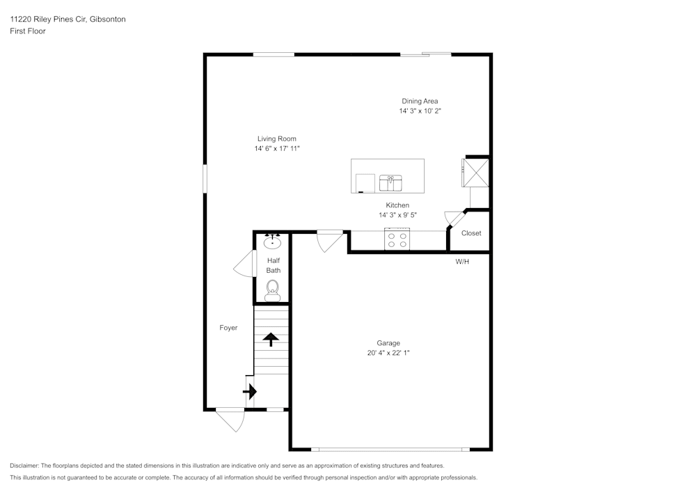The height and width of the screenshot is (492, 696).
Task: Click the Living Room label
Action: [276, 138]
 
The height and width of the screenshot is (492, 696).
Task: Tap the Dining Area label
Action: [420, 101]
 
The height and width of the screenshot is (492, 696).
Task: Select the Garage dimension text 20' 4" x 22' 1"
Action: [388, 353]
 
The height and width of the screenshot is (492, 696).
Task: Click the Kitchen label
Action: [397, 205]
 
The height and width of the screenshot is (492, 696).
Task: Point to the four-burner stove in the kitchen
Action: [397, 239]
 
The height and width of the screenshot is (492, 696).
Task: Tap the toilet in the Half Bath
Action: [272, 289]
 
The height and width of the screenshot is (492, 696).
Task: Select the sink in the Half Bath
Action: [272, 242]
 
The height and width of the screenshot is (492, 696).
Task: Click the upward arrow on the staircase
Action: [270, 339]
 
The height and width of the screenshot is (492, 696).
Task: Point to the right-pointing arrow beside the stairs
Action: [248, 392]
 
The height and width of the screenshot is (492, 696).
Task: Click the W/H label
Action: [462, 262]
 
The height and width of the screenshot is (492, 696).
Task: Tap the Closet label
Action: [471, 233]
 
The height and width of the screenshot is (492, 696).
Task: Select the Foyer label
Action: [228, 328]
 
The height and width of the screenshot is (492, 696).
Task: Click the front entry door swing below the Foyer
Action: [230, 420]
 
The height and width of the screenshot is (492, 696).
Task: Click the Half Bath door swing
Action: [244, 264]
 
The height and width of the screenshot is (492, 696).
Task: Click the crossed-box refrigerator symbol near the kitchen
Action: [477, 172]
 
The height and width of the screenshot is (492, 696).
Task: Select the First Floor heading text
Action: [28, 31]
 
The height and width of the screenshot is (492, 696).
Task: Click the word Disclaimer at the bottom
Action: [24, 466]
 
